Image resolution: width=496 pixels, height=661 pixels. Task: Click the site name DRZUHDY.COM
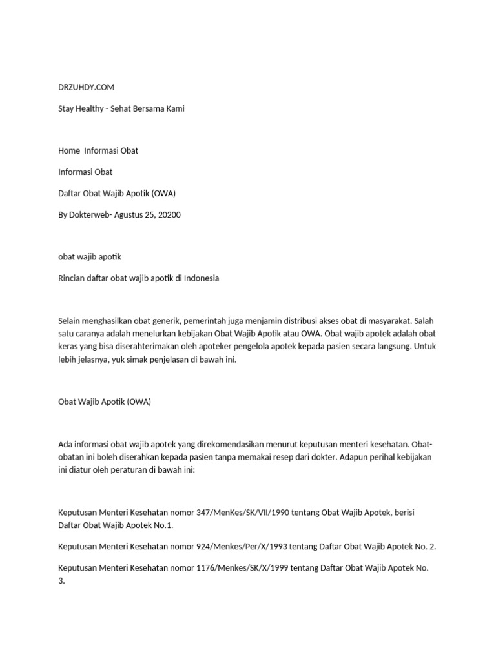pyautogui.click(x=86, y=87)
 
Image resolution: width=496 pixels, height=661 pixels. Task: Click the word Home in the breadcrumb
pyautogui.click(x=68, y=150)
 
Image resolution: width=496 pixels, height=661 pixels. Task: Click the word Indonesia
pyautogui.click(x=201, y=278)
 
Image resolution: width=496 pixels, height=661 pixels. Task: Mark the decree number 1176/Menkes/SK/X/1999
pyautogui.click(x=251, y=567)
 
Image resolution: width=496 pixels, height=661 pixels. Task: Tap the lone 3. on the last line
pyautogui.click(x=61, y=581)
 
